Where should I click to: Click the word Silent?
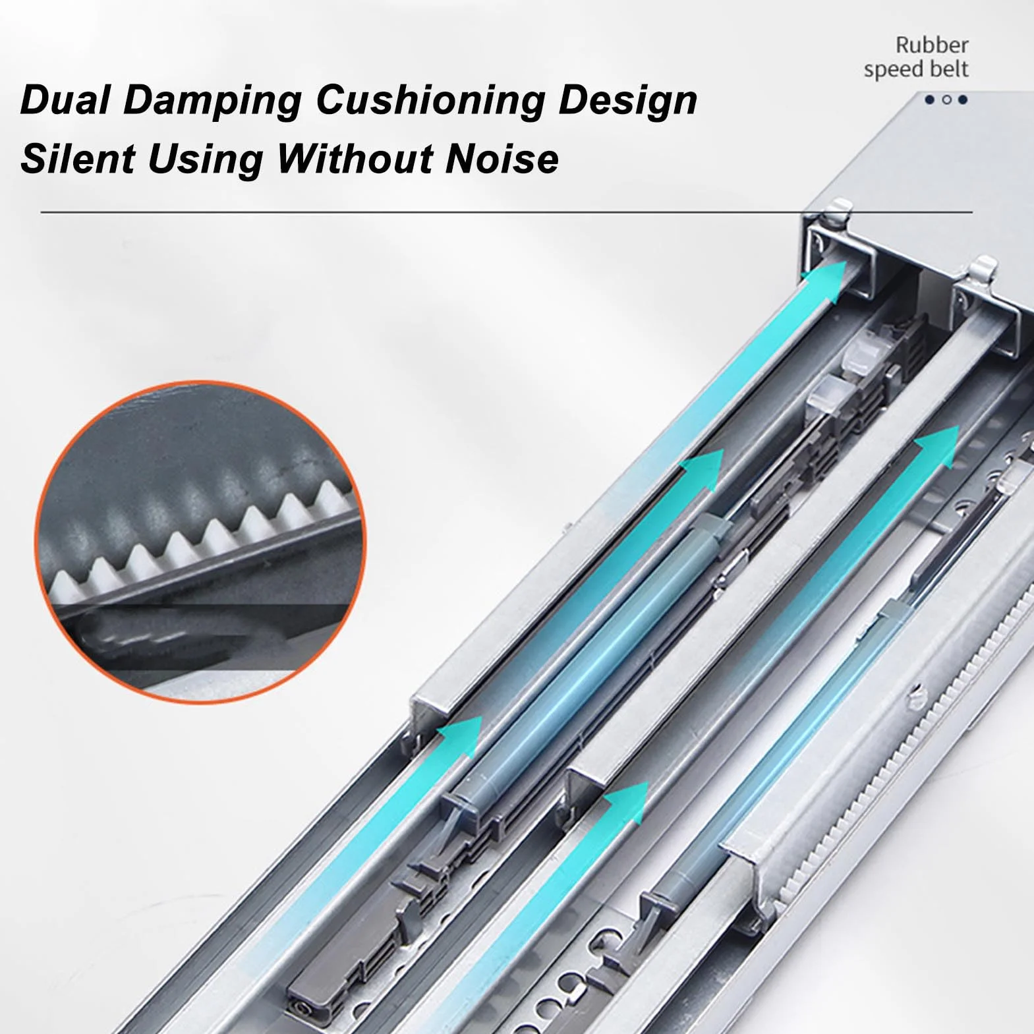[x=78, y=159]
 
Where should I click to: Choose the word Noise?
[x=502, y=159]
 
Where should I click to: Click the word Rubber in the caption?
[x=932, y=45]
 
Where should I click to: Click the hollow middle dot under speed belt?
[x=946, y=100]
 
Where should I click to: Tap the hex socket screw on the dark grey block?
[x=301, y=1005]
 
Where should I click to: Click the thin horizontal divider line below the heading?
[x=507, y=212]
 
